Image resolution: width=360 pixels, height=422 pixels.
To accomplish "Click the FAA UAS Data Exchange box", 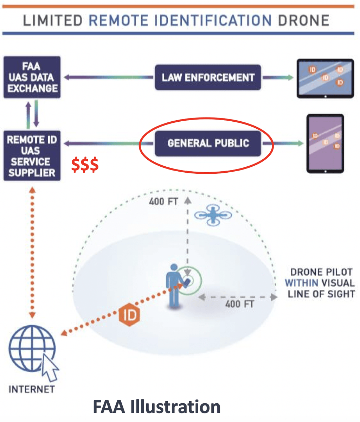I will tap(32, 77).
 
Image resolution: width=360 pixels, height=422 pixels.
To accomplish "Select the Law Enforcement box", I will tap(208, 77).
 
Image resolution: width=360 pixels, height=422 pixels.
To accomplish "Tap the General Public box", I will tap(208, 143).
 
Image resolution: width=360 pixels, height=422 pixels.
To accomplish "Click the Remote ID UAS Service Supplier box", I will tap(32, 156).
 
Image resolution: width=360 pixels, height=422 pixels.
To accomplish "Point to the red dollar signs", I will tap(85, 165).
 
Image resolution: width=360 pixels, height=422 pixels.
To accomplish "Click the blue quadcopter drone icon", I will tap(213, 215).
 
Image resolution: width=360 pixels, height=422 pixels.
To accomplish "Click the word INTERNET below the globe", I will tap(32, 389).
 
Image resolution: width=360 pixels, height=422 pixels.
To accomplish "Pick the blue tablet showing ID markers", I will tap(325, 78).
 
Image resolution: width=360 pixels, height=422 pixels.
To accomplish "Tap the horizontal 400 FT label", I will tap(239, 304).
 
